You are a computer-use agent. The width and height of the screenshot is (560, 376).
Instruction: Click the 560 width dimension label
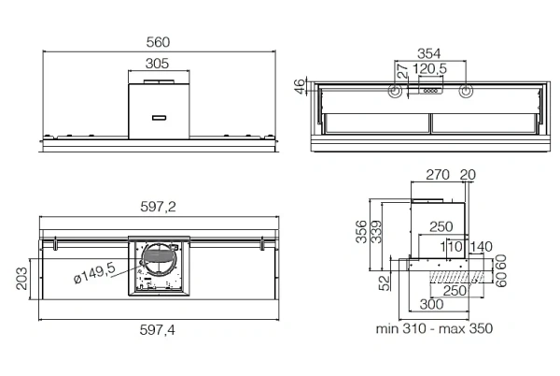tap(158, 42)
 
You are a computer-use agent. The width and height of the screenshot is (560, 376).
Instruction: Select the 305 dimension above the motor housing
tap(157, 64)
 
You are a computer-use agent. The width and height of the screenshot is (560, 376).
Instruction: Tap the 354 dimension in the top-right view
tap(429, 53)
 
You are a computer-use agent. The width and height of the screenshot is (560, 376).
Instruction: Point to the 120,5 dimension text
tap(429, 68)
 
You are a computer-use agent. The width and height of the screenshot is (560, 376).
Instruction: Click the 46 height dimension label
tap(301, 86)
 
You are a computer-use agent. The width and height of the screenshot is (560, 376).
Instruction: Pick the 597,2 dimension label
tap(158, 207)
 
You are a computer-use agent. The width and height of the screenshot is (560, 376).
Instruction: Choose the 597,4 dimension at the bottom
tap(158, 330)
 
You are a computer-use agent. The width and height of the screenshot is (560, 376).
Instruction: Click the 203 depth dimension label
tap(21, 279)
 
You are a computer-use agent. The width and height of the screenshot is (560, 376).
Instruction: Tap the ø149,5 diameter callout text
tap(94, 272)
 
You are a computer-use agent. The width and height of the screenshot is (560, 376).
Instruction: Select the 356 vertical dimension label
tap(361, 232)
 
